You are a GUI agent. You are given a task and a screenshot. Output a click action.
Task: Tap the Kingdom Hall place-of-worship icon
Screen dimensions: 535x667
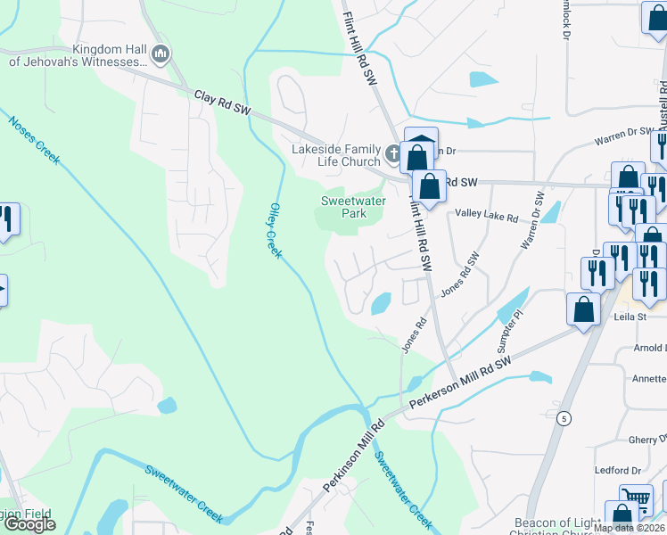pyautogui.click(x=161, y=54)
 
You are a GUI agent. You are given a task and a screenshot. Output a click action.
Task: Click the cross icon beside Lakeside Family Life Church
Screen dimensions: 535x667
pyautogui.click(x=392, y=155)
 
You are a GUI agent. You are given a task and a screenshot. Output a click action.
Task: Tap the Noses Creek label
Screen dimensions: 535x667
pyautogui.click(x=34, y=141)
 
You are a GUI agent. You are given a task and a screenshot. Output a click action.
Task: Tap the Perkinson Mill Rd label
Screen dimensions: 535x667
pyautogui.click(x=352, y=456)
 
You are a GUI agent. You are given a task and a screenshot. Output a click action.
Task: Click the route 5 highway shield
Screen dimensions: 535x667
pyautogui.click(x=564, y=417)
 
